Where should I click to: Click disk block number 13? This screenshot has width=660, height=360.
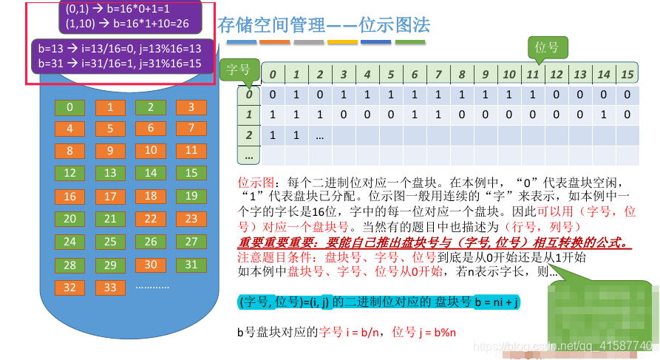(x=110, y=173)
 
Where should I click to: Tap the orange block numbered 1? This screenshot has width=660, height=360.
(x=110, y=107)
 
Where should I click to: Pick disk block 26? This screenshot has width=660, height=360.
(x=151, y=242)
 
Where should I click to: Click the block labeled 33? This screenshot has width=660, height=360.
(x=110, y=287)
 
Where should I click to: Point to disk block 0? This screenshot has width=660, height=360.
(x=69, y=107)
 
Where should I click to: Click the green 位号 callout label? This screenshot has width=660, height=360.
(x=546, y=48)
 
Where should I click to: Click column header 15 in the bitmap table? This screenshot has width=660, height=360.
(x=627, y=74)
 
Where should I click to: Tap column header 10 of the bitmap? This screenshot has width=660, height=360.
(x=508, y=74)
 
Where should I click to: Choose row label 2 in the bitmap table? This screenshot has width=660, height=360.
(x=249, y=135)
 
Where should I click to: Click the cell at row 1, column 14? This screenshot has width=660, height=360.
(x=603, y=115)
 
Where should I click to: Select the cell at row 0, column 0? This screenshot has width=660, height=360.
(x=273, y=94)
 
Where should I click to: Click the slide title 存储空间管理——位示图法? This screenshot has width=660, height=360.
(x=324, y=26)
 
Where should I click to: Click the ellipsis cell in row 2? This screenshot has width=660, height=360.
(x=320, y=135)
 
